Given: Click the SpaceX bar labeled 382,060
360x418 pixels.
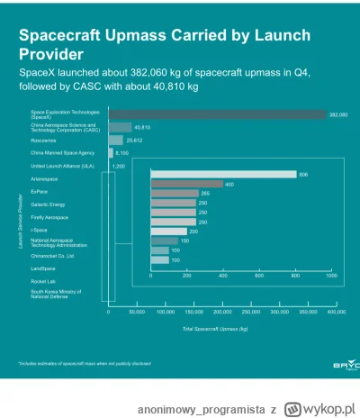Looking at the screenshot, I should click(x=216, y=114).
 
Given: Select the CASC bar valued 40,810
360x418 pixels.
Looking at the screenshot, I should click(x=120, y=127).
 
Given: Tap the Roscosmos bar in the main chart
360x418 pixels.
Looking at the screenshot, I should click(x=115, y=141).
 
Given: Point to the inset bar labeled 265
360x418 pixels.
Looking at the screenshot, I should click(x=174, y=193).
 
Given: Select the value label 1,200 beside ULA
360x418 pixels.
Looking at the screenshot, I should click(x=118, y=167).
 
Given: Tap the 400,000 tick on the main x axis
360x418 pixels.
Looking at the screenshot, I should click(x=337, y=313).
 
